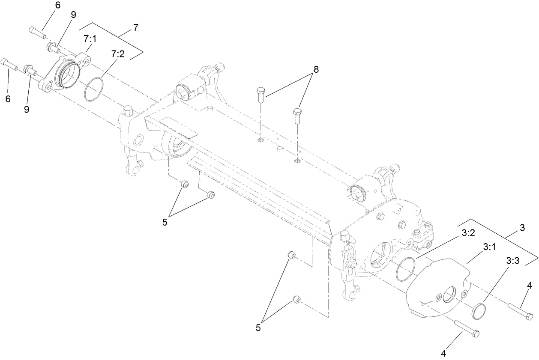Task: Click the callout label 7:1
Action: coord(90,39)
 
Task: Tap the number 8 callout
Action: coord(316,69)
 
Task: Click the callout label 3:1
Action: coord(489,247)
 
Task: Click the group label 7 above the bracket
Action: coord(136,28)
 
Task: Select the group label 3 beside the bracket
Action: coord(522,228)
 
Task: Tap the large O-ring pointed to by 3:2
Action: coord(405,269)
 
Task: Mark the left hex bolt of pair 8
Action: coord(261,94)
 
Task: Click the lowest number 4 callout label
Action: coord(444,354)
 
